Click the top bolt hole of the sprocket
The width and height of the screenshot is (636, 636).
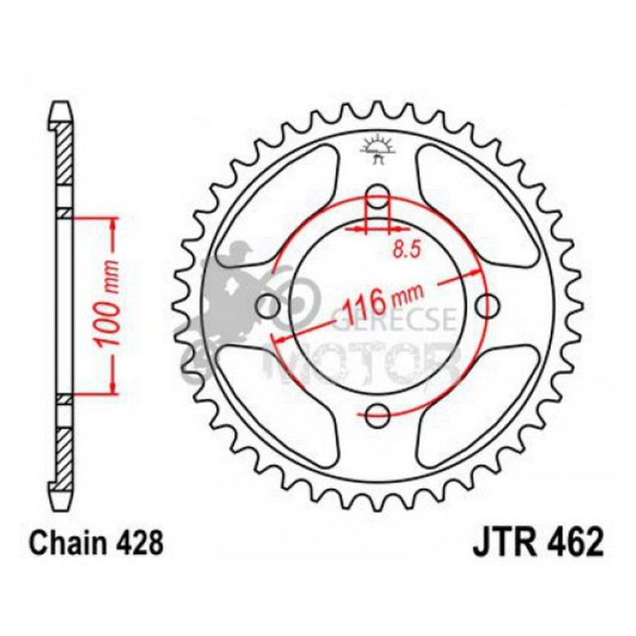point(378,197)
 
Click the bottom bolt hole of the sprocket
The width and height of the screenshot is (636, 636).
point(378,414)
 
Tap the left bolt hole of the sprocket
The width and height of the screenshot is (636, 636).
point(268,306)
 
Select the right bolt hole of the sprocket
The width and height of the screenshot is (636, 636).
point(488,305)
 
